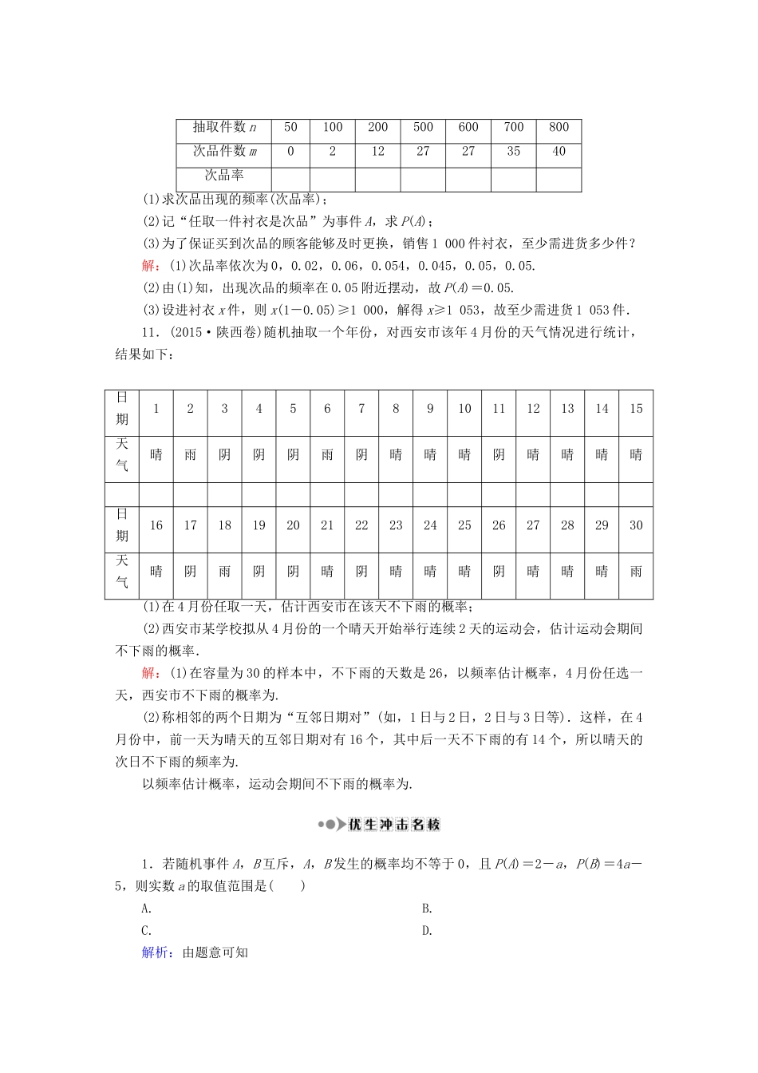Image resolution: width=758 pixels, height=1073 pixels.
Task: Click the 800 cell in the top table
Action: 559,128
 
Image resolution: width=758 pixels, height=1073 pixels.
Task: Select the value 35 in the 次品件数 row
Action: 513,152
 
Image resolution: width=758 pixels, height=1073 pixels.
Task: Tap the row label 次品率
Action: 224,176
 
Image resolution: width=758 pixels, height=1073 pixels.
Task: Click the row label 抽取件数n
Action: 224,128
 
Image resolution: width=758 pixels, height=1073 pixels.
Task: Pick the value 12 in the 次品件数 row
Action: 377,152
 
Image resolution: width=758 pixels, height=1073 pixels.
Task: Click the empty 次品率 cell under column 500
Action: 423,179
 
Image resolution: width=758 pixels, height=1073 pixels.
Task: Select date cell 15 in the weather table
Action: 636,409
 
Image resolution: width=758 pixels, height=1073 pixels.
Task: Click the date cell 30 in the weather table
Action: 636,525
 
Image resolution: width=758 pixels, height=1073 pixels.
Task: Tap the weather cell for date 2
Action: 190,455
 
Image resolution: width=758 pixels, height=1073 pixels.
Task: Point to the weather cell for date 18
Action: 224,572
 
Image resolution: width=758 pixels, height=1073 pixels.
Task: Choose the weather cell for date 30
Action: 636,572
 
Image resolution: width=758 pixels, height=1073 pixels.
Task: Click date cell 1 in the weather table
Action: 156,409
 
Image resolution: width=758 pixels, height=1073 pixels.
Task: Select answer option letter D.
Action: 427,930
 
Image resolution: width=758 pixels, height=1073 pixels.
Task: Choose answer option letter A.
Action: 146,908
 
